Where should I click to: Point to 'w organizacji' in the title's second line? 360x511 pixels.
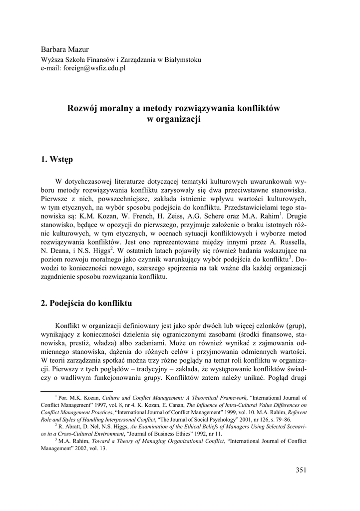(174, 119)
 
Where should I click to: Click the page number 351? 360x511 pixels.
(301, 469)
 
